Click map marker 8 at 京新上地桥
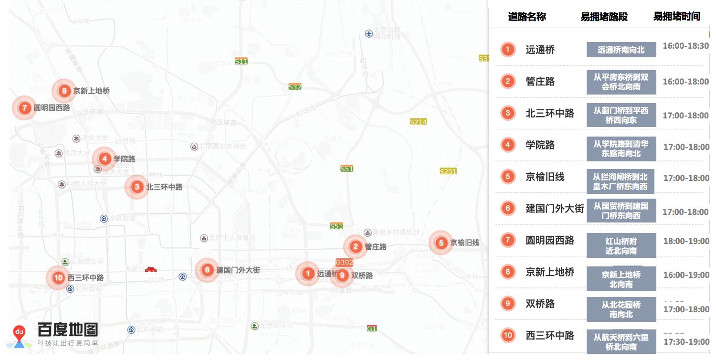(64, 91)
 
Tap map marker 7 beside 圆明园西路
(24, 107)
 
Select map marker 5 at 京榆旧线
(441, 243)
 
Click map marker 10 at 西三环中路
(58, 277)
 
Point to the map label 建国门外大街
(238, 270)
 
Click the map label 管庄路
(376, 247)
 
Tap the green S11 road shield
(241, 61)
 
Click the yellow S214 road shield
(418, 122)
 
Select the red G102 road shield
(344, 262)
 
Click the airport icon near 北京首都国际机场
(369, 33)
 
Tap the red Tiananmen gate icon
(151, 269)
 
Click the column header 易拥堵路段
(604, 17)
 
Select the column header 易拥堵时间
(676, 16)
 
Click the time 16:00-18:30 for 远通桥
(685, 46)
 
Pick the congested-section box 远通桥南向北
(621, 50)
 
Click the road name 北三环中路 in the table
(550, 113)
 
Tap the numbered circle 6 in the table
(507, 208)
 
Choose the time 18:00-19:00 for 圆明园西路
(685, 241)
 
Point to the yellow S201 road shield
(448, 171)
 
